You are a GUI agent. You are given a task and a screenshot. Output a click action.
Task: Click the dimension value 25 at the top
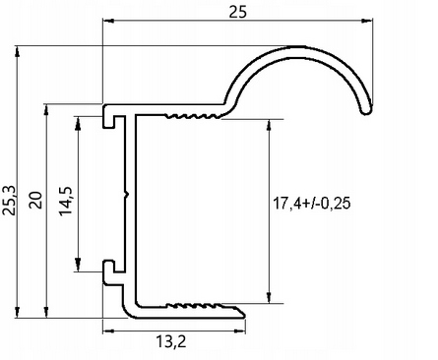coord(237,13)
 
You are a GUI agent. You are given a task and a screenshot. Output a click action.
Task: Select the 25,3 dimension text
coord(9,201)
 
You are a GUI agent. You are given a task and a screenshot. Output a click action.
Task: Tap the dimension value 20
coord(35,200)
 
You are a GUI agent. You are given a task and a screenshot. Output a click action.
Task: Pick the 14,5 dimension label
coord(66,201)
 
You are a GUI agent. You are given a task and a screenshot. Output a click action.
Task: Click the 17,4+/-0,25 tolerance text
coord(312,204)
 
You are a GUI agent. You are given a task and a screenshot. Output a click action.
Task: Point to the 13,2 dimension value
coord(171,341)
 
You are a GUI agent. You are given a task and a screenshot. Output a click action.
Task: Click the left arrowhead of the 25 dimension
coord(108,21)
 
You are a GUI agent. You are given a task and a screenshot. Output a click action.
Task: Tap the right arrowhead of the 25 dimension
coord(367,21)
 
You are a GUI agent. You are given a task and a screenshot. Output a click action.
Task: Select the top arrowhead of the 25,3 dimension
coord(18,52)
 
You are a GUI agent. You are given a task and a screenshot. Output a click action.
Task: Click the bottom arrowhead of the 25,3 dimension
coord(18,312)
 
